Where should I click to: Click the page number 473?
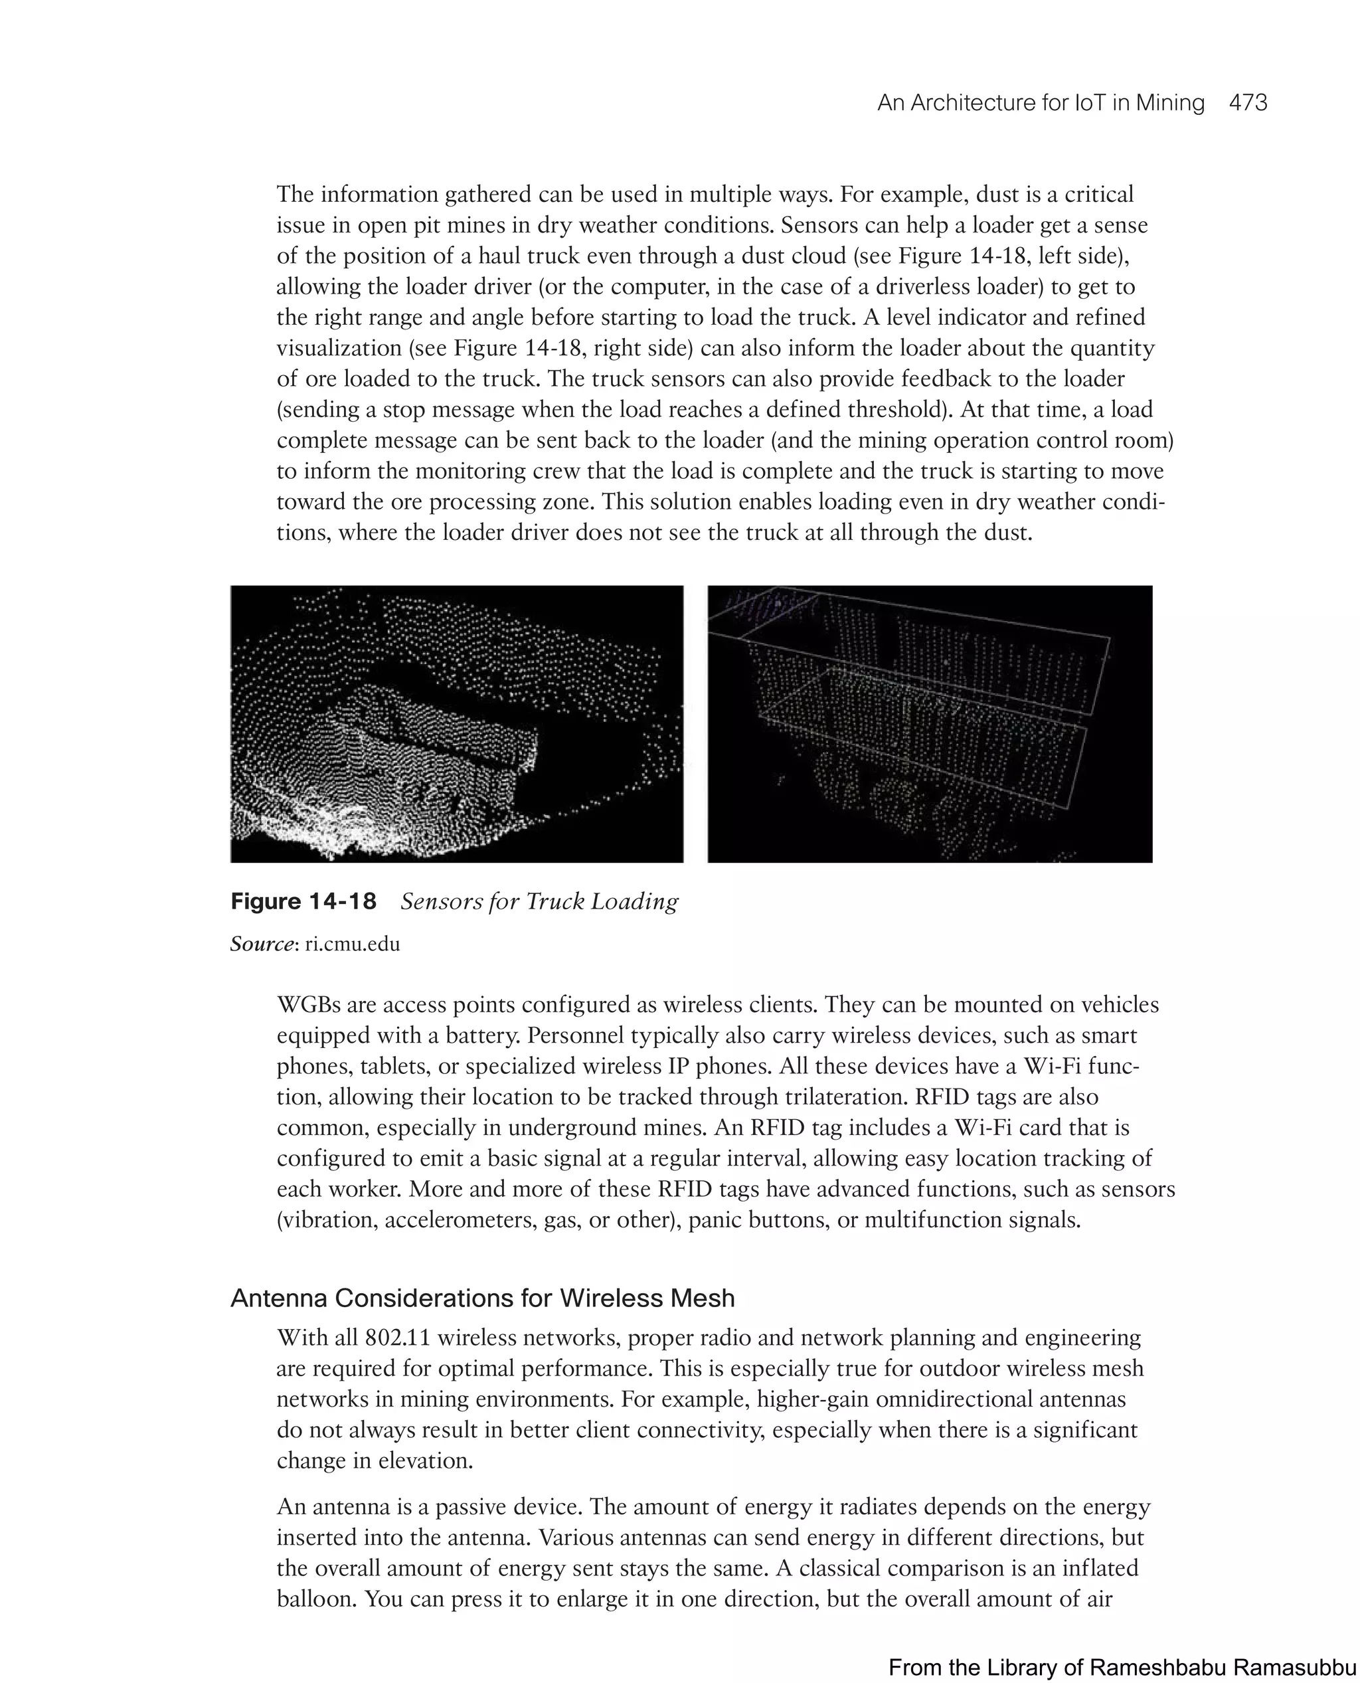click(1248, 104)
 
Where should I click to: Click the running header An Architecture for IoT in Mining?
click(1041, 104)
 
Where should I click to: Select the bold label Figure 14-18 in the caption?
click(303, 901)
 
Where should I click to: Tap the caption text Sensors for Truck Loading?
click(539, 901)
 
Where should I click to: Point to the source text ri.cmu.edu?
click(353, 944)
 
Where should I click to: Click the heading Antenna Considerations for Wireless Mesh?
click(483, 1298)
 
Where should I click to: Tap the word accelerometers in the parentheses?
click(461, 1220)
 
